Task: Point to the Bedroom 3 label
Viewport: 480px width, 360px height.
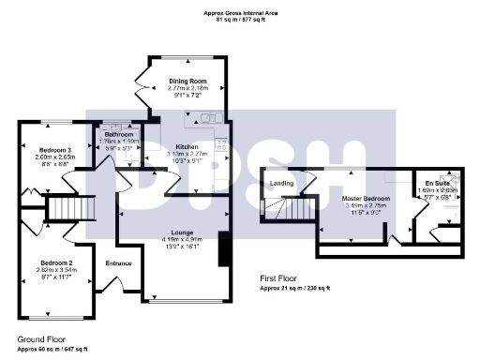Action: tap(54, 151)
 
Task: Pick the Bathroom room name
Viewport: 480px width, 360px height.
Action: tap(119, 135)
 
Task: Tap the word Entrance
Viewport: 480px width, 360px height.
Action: tap(118, 262)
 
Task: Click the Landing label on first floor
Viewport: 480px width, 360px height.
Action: tap(280, 184)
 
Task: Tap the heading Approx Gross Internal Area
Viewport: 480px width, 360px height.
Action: tap(240, 11)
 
